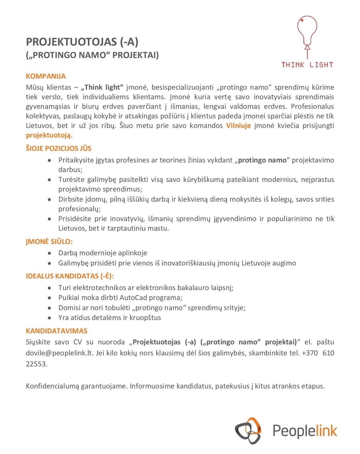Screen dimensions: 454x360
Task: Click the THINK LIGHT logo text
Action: (307, 65)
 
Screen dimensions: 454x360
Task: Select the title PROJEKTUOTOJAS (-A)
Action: (82, 42)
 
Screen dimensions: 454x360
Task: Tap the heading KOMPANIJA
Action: (46, 76)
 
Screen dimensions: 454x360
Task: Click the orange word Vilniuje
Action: (238, 126)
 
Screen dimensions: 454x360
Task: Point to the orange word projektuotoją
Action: (48, 135)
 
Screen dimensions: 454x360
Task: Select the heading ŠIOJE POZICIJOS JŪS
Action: (58, 148)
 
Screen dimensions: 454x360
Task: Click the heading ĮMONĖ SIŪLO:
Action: (49, 242)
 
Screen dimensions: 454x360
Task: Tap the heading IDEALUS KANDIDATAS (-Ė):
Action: (70, 276)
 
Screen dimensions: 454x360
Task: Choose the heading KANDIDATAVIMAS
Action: (56, 331)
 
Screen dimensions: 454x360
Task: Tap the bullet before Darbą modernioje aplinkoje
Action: (49, 253)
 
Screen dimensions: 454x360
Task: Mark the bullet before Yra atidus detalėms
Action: (49, 318)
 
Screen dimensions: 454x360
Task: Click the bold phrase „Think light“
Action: (102, 87)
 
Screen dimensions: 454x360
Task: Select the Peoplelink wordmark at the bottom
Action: (304, 431)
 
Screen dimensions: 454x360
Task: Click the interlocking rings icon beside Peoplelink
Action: (248, 431)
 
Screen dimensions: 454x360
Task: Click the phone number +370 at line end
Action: (310, 353)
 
